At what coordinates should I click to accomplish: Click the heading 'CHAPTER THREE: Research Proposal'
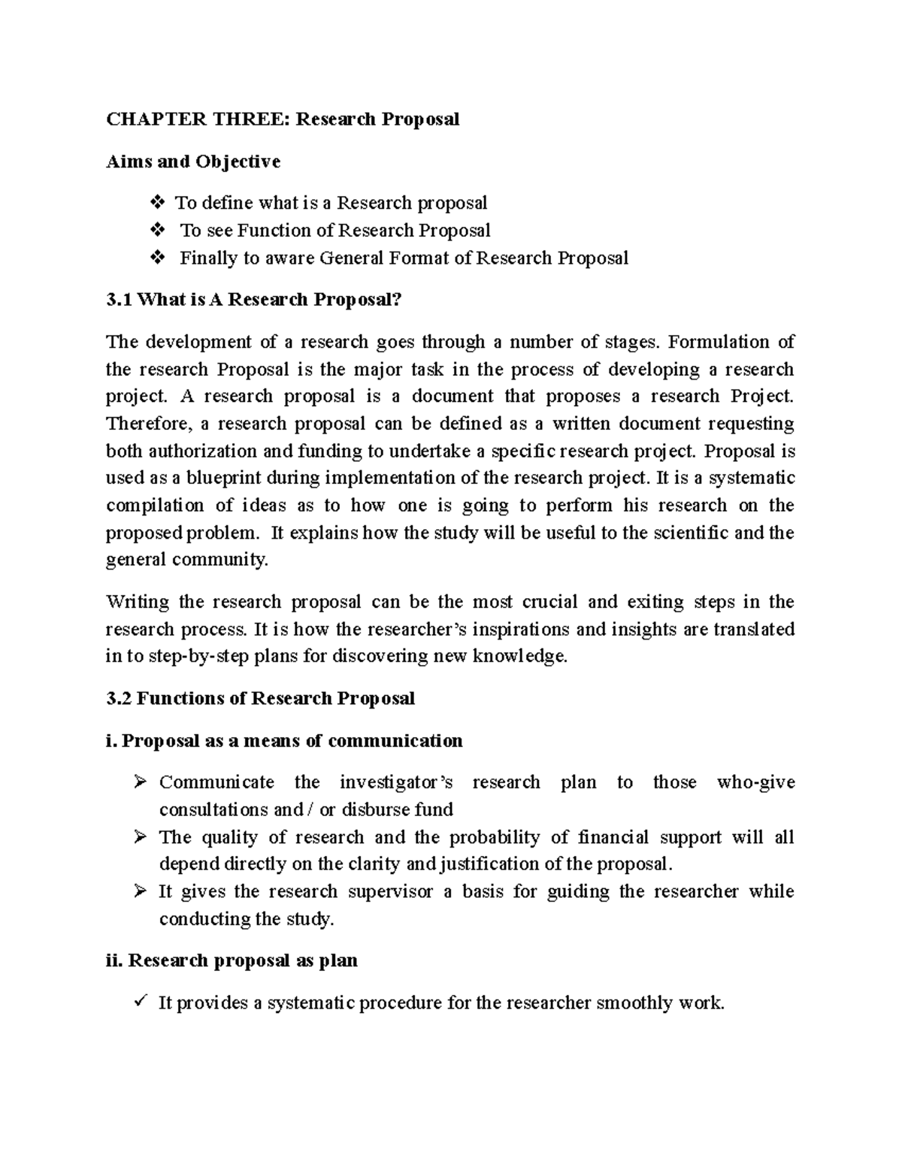[x=282, y=119]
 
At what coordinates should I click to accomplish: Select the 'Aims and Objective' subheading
[x=193, y=162]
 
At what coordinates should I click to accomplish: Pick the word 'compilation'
[x=155, y=505]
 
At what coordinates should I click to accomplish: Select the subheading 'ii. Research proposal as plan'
[x=232, y=960]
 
